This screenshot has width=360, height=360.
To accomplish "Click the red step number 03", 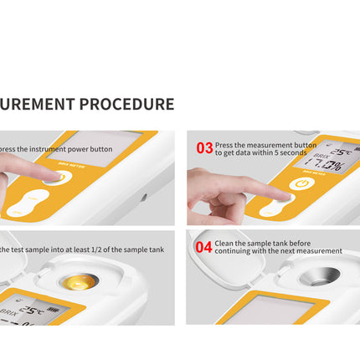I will [x=204, y=147].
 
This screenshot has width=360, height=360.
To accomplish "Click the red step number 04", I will [x=203, y=246].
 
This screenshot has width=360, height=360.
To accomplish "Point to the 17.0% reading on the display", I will [x=327, y=166].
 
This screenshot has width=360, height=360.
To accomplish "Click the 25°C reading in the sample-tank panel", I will [x=33, y=309].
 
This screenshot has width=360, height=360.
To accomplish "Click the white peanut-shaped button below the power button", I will [x=28, y=200].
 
